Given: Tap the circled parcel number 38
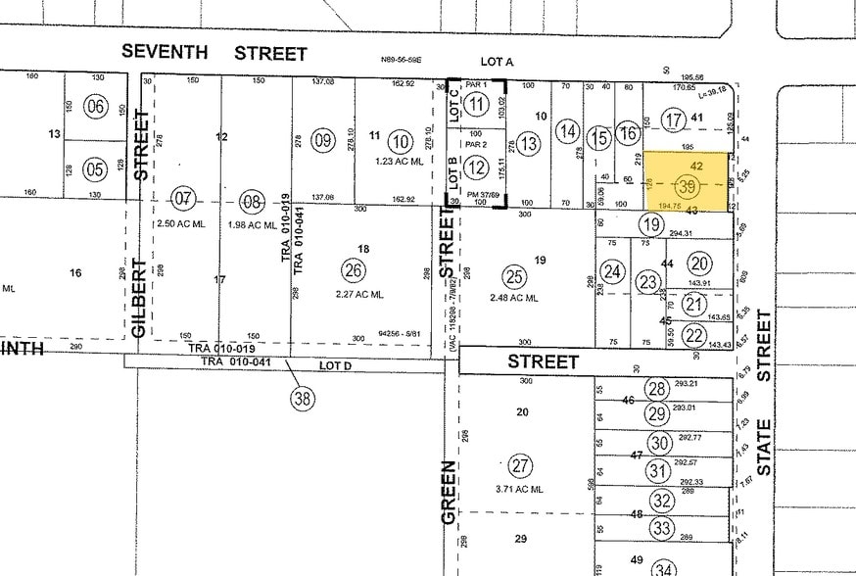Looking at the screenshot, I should pos(305,398).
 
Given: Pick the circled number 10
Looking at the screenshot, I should pos(399,140).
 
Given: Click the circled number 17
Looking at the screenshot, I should pos(672,120).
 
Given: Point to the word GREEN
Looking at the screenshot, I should pos(450,491).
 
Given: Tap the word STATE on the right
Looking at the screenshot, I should pos(764,448).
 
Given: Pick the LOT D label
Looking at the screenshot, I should pos(337,366).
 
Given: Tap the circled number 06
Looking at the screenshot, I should pos(95,107).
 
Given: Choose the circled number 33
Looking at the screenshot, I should pos(662,530).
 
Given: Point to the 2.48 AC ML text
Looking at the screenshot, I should pos(512,297).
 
